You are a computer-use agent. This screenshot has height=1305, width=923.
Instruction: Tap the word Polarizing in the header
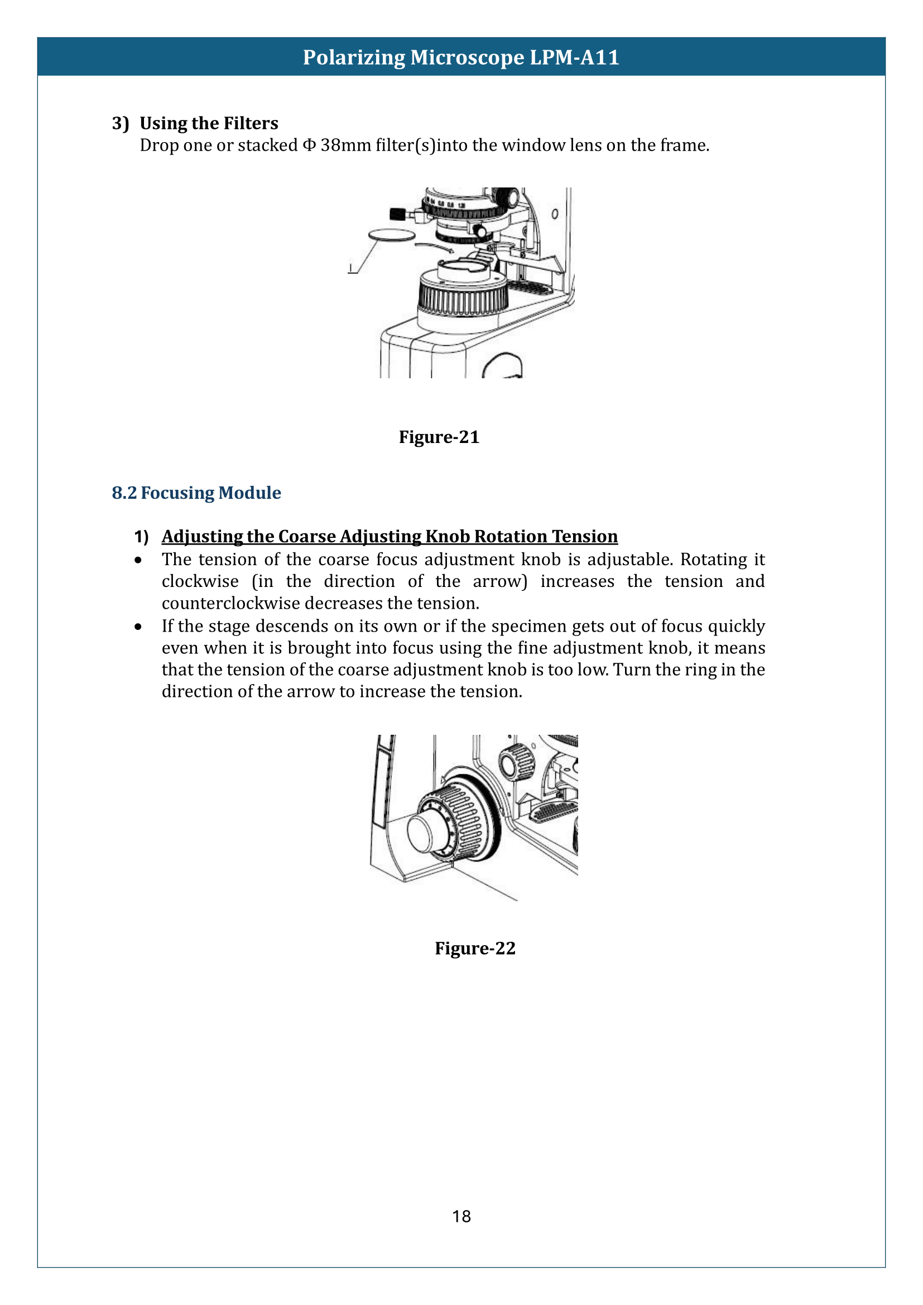click(x=353, y=57)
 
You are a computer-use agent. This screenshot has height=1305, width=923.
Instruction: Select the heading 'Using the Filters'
click(x=209, y=123)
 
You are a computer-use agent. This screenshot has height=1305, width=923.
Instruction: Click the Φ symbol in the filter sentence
click(x=309, y=146)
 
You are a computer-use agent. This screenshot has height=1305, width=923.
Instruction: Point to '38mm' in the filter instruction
click(x=345, y=146)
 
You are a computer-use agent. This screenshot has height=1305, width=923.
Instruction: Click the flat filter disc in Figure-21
click(x=392, y=235)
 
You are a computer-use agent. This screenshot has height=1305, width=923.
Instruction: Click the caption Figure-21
click(x=439, y=437)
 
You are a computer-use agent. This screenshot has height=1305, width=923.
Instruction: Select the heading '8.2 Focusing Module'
click(x=196, y=493)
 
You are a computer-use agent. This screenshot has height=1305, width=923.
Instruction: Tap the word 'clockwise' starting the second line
click(x=200, y=581)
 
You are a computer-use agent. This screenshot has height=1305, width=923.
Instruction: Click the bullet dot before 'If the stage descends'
click(x=138, y=627)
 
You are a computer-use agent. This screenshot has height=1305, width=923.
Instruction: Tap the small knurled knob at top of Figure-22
click(x=516, y=761)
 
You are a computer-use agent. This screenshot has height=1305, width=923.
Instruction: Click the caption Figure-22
click(x=475, y=948)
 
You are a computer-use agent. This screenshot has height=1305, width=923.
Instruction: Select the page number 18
click(x=461, y=1216)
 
